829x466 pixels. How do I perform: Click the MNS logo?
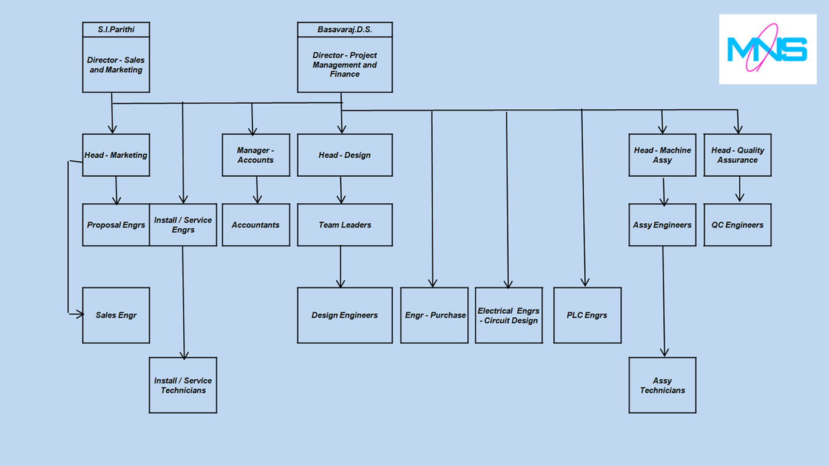pyautogui.click(x=768, y=49)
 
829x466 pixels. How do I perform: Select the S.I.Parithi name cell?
pyautogui.click(x=116, y=29)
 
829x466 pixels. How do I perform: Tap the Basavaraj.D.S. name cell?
pyautogui.click(x=345, y=29)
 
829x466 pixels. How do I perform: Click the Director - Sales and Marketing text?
pyautogui.click(x=116, y=65)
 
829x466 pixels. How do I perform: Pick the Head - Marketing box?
pyautogui.click(x=116, y=155)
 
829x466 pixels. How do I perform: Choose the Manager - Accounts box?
pyautogui.click(x=255, y=155)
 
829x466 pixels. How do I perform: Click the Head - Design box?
pyautogui.click(x=345, y=155)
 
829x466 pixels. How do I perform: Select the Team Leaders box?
pyautogui.click(x=345, y=225)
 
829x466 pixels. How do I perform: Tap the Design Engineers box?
pyautogui.click(x=345, y=315)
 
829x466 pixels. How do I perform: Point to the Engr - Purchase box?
pyautogui.click(x=435, y=315)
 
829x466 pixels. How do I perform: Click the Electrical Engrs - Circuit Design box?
pyautogui.click(x=509, y=315)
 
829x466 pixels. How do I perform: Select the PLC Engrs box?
pyautogui.click(x=587, y=315)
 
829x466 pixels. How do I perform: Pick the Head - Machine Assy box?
pyautogui.click(x=662, y=155)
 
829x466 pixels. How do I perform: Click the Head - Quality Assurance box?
pyautogui.click(x=737, y=155)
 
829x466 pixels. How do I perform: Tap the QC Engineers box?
pyautogui.click(x=737, y=225)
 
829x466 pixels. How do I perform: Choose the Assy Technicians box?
pyautogui.click(x=662, y=385)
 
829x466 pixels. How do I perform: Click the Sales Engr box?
pyautogui.click(x=116, y=315)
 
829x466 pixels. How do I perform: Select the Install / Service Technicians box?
pyautogui.click(x=183, y=385)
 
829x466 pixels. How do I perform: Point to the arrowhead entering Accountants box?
pyautogui.click(x=257, y=200)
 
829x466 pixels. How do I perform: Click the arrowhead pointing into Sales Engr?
pyautogui.click(x=78, y=314)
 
